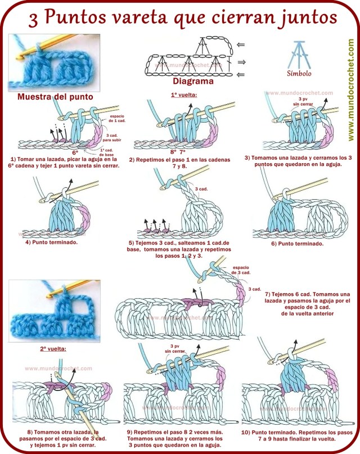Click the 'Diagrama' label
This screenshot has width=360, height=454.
click(x=193, y=81)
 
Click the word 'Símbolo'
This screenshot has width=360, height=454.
click(x=299, y=73)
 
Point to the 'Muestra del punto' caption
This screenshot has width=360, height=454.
click(x=55, y=96)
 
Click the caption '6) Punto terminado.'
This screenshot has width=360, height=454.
click(x=297, y=243)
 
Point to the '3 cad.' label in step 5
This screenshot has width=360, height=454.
click(x=201, y=189)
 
